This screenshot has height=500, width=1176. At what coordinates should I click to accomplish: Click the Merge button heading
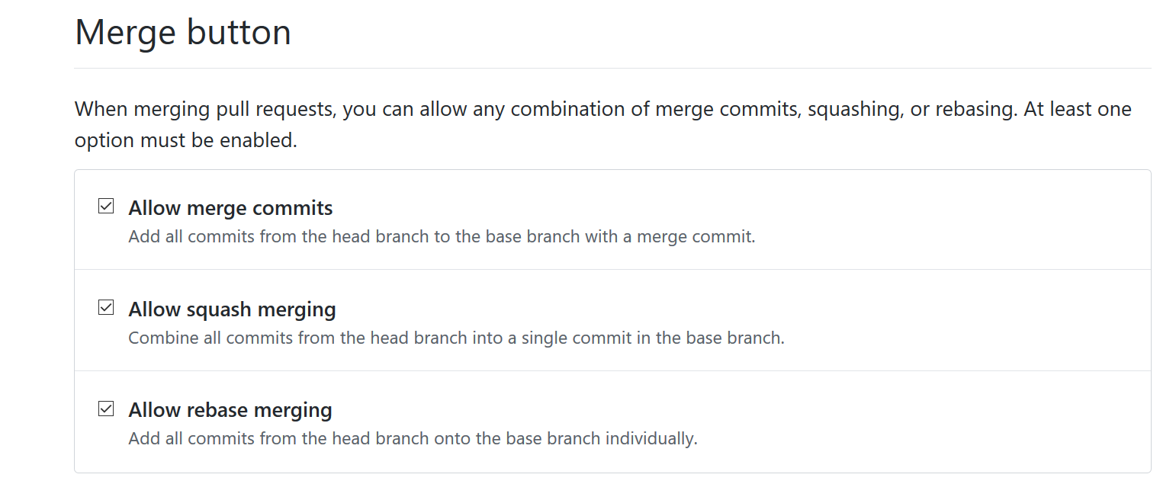tap(183, 33)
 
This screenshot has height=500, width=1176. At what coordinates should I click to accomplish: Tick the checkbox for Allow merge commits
tap(106, 207)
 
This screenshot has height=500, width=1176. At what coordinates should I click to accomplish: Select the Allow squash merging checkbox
tap(106, 308)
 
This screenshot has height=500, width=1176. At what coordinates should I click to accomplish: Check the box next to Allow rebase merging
tap(106, 409)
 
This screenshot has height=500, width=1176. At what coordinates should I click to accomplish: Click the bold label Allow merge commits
tap(230, 208)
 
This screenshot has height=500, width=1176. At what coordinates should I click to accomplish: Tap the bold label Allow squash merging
tap(232, 309)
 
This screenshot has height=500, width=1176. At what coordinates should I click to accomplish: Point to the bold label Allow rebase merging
tap(230, 411)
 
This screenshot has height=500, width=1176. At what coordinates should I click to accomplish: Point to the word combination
tap(564, 109)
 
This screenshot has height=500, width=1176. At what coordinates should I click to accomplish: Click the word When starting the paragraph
tap(101, 109)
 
